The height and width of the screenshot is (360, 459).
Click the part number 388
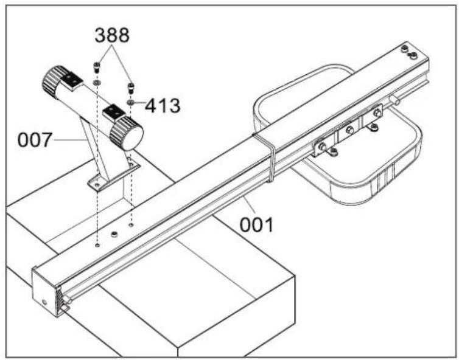point(112,35)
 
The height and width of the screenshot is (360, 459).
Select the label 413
point(163,106)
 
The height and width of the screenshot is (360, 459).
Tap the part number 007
point(35,140)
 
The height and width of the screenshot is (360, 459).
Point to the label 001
point(256,224)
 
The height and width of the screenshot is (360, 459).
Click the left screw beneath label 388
point(97,67)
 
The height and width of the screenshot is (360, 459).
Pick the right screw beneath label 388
point(130,88)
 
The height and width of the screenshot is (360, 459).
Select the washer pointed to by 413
point(130,102)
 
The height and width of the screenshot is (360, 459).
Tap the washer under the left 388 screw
point(97,83)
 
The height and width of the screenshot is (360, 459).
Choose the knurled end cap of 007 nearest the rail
point(127,134)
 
